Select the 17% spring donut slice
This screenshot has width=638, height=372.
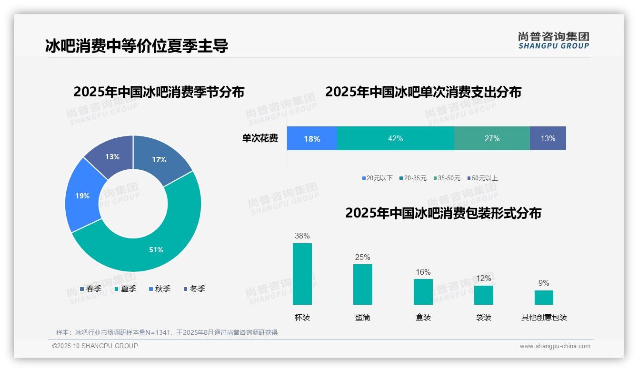(x=159, y=160)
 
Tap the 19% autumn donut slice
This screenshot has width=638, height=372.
(x=83, y=196)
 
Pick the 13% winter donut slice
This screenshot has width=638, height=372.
(x=112, y=157)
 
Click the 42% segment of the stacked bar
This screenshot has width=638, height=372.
(x=395, y=138)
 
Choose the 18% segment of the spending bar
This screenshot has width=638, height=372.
(x=312, y=138)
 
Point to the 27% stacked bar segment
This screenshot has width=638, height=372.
(x=492, y=138)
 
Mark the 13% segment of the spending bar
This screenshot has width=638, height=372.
(x=548, y=138)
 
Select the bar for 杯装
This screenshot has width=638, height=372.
(x=302, y=274)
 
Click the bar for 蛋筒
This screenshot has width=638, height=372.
(x=362, y=284)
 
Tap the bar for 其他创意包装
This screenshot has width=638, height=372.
(x=544, y=297)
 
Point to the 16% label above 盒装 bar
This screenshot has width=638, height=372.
(x=423, y=272)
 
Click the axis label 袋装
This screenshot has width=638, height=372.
(x=483, y=317)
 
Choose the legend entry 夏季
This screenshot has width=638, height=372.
(x=128, y=289)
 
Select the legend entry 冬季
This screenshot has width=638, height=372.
(x=197, y=289)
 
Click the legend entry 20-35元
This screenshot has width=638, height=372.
(x=415, y=178)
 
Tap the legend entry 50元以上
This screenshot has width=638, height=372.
(x=484, y=178)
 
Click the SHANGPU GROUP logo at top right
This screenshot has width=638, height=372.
(x=553, y=40)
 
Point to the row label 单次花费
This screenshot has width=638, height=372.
(x=260, y=138)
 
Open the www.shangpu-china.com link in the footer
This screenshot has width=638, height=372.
(x=555, y=346)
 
